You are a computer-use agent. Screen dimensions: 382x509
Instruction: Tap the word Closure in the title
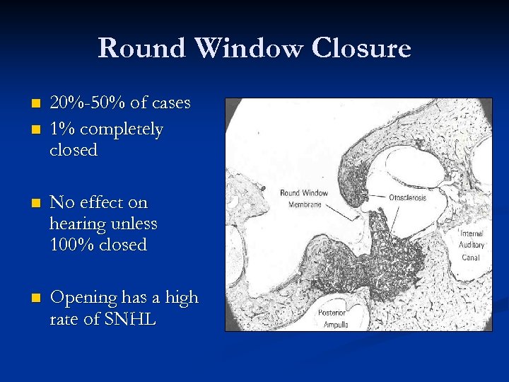[x=363, y=49]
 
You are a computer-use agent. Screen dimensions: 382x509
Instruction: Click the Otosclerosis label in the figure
[x=407, y=197]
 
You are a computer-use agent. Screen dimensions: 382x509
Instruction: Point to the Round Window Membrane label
[x=304, y=199]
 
